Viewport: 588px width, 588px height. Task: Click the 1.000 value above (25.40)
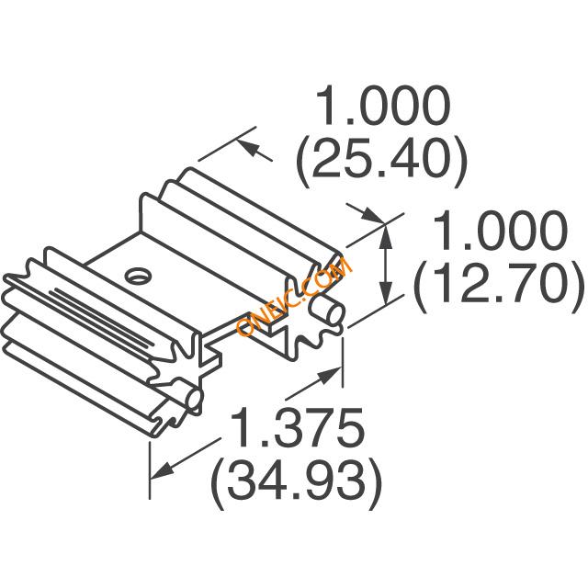pos(383,106)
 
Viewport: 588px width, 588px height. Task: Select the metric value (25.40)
pos(382,163)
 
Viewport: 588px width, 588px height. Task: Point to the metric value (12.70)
pos(499,288)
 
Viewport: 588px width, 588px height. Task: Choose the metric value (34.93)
pos(297,484)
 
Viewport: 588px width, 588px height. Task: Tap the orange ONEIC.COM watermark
pos(294,295)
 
